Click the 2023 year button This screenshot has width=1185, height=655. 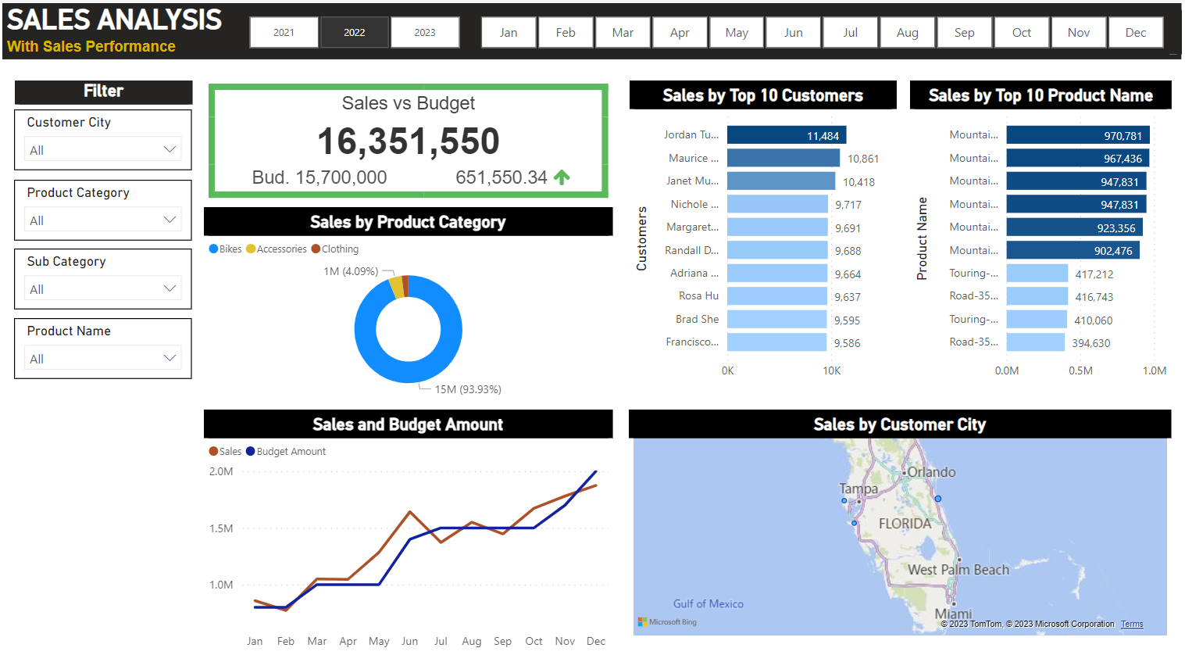(425, 33)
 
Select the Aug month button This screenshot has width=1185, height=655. (907, 33)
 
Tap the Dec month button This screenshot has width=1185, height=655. (1135, 33)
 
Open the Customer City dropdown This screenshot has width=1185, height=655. (103, 149)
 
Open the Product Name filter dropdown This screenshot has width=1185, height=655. (103, 358)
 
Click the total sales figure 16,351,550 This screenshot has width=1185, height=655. (408, 141)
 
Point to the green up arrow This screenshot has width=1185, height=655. (562, 177)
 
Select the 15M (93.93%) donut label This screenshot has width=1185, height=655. (468, 389)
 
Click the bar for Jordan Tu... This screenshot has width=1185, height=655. (786, 135)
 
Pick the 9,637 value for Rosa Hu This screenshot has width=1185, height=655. (848, 297)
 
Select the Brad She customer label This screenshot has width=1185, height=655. (697, 319)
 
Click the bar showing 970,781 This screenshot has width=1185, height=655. (1077, 135)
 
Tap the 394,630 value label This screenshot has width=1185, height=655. (1091, 343)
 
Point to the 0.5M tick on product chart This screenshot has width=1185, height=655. (1080, 370)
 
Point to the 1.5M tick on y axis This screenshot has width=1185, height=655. (221, 528)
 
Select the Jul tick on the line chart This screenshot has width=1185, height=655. (441, 641)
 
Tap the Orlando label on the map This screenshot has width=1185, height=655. (931, 472)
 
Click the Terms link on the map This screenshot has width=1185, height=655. (1132, 624)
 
